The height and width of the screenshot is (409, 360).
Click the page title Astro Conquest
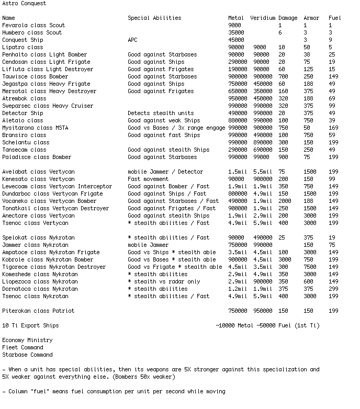click(24, 3)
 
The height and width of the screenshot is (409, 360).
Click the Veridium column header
click(263, 18)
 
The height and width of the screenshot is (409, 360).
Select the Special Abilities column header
click(154, 18)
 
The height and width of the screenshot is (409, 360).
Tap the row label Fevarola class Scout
click(33, 25)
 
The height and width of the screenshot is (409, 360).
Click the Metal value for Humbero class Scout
click(236, 32)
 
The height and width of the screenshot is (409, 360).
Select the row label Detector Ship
click(22, 113)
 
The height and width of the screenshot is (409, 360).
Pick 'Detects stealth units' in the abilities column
click(161, 113)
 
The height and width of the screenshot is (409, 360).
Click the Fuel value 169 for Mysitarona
click(333, 128)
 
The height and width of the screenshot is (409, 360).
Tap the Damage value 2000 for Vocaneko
click(285, 201)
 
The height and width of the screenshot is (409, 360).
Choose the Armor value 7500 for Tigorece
click(310, 267)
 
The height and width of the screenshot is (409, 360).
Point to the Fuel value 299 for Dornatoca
click(333, 289)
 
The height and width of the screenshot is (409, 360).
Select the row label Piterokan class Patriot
click(38, 311)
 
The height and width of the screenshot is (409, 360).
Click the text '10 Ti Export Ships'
click(30, 325)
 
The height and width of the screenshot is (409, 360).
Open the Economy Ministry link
click(27, 340)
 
